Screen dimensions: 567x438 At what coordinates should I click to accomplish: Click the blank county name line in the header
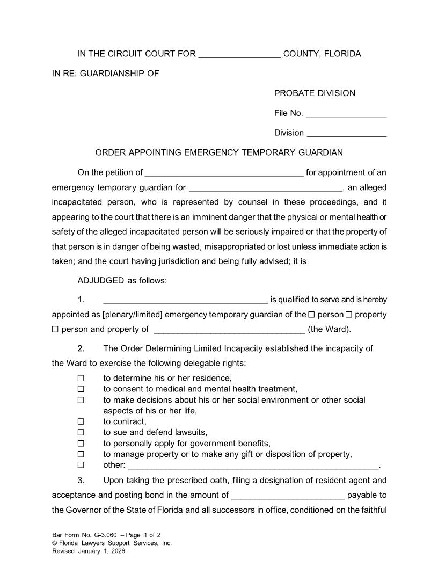(x=239, y=55)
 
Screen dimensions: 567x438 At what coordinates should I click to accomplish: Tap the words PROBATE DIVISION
(x=315, y=93)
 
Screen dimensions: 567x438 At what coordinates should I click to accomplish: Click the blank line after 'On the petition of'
(x=224, y=174)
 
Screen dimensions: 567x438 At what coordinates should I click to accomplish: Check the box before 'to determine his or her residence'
(x=81, y=378)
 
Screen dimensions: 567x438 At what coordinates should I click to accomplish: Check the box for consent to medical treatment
(x=81, y=389)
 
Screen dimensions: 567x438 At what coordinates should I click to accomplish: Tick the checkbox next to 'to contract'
(x=81, y=421)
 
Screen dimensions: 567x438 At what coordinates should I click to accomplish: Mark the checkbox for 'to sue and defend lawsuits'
(x=81, y=432)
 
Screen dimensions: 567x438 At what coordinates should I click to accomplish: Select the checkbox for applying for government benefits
(x=81, y=444)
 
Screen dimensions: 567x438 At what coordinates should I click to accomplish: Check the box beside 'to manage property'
(x=81, y=454)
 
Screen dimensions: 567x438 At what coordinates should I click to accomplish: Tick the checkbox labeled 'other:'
(x=81, y=465)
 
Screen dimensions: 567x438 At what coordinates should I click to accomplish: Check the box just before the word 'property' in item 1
(x=349, y=315)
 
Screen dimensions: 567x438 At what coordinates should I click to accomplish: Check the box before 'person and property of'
(x=55, y=330)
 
